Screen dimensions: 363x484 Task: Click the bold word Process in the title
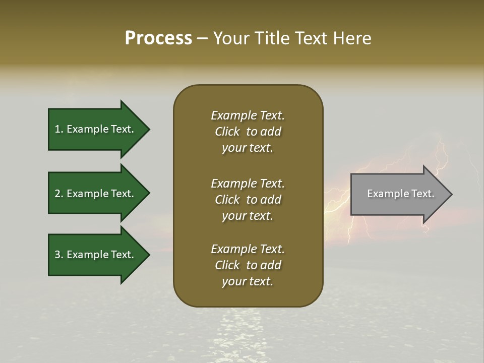pyautogui.click(x=158, y=38)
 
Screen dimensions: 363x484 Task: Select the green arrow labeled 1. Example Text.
pyautogui.click(x=96, y=129)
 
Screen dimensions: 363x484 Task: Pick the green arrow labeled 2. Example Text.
pyautogui.click(x=96, y=194)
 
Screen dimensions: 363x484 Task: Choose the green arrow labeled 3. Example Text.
pyautogui.click(x=96, y=255)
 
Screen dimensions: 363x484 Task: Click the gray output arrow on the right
pyautogui.click(x=398, y=194)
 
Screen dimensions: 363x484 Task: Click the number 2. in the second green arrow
pyautogui.click(x=59, y=194)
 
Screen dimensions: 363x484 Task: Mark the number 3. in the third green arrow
pyautogui.click(x=59, y=255)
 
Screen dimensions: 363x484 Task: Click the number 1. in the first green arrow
pyautogui.click(x=58, y=129)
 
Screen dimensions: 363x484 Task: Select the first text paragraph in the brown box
pyautogui.click(x=248, y=132)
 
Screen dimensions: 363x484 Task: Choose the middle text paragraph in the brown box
pyautogui.click(x=248, y=200)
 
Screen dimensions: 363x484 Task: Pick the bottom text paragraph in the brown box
pyautogui.click(x=248, y=265)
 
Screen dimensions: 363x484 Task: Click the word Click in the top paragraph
pyautogui.click(x=227, y=132)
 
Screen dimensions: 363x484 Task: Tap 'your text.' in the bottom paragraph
pyautogui.click(x=248, y=281)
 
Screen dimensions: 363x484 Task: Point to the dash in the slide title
pyautogui.click(x=203, y=39)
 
